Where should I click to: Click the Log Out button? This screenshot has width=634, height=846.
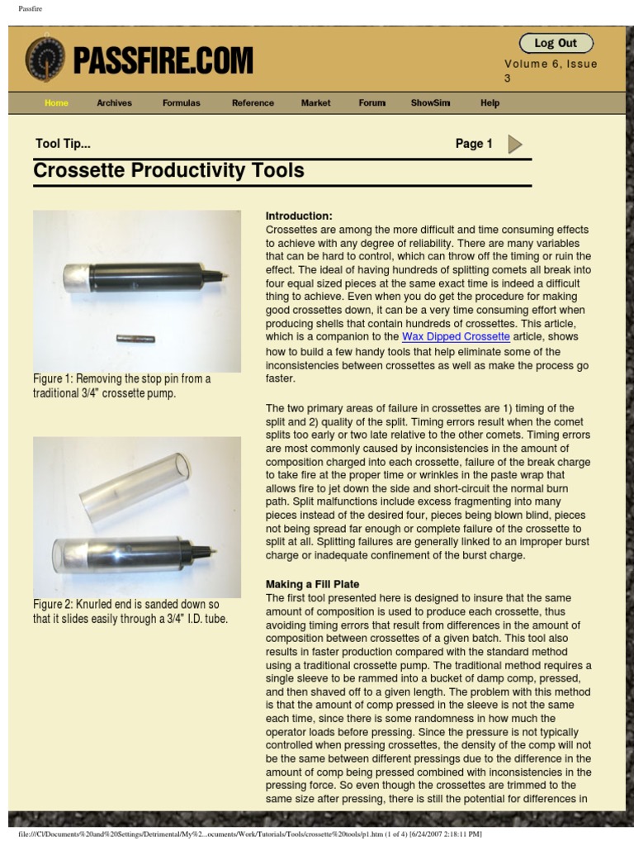(x=556, y=43)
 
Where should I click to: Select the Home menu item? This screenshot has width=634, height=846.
(x=56, y=103)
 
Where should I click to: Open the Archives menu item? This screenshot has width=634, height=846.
(x=114, y=103)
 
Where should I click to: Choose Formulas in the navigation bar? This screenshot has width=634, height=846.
(x=181, y=103)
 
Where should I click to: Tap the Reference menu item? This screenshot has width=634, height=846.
(x=253, y=103)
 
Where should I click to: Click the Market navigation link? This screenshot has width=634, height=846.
(x=315, y=103)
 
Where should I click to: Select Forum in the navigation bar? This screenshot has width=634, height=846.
(x=371, y=103)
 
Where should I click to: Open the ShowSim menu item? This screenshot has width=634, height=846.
(x=430, y=103)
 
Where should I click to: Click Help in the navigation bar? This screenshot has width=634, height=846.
(x=490, y=103)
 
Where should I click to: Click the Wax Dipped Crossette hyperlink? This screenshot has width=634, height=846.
(x=456, y=337)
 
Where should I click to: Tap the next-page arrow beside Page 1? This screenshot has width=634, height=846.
(x=515, y=145)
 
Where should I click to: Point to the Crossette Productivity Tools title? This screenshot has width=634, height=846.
(x=168, y=171)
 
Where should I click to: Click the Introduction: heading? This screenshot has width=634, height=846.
(x=299, y=216)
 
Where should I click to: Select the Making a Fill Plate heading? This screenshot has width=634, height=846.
(x=312, y=584)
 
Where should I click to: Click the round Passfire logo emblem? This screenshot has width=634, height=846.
(x=45, y=59)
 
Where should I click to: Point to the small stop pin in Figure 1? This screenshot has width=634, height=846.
(x=136, y=338)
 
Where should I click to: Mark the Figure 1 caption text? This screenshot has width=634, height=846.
(x=121, y=386)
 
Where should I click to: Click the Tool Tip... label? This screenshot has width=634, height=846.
(x=63, y=144)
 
